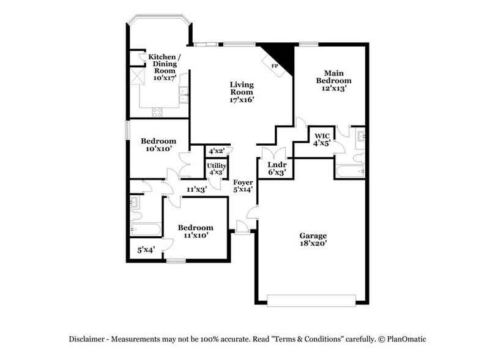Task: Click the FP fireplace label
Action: tap(275, 65)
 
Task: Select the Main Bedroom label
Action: tap(333, 77)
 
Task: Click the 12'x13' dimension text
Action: tap(333, 88)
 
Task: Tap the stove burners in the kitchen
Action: tap(157, 111)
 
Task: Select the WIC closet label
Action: tap(322, 136)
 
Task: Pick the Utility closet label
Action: tap(217, 165)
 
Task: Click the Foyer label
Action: tap(243, 182)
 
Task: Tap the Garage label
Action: tap(313, 236)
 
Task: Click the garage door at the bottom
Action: tap(311, 299)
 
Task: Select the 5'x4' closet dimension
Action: tap(146, 250)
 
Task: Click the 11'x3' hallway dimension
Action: tap(196, 190)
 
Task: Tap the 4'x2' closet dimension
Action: tap(217, 151)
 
